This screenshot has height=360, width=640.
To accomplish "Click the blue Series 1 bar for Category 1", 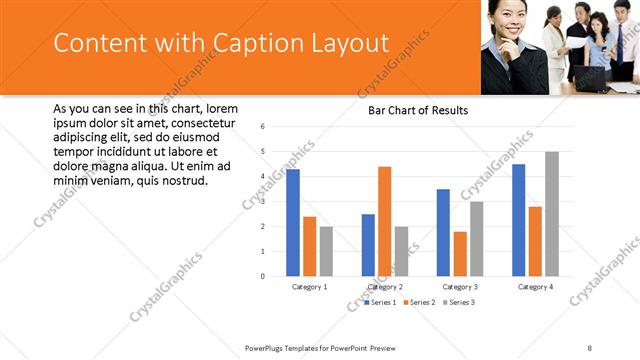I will click(293, 223).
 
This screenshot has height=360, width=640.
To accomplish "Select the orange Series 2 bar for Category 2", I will click(385, 221).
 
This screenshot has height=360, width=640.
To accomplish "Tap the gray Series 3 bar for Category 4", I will click(552, 214).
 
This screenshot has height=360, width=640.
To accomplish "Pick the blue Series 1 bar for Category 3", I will click(443, 232).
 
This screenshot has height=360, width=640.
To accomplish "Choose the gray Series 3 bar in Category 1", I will click(326, 251).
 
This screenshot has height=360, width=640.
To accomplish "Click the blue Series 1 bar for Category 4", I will click(519, 220).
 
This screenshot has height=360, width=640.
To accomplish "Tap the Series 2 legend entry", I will click(421, 301).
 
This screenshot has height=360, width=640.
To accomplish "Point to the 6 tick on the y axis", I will click(261, 127).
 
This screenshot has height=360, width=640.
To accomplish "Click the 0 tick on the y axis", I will click(261, 276).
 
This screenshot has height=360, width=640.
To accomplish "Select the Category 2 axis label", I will click(385, 287).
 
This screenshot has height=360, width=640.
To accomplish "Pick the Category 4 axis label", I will click(536, 287).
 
